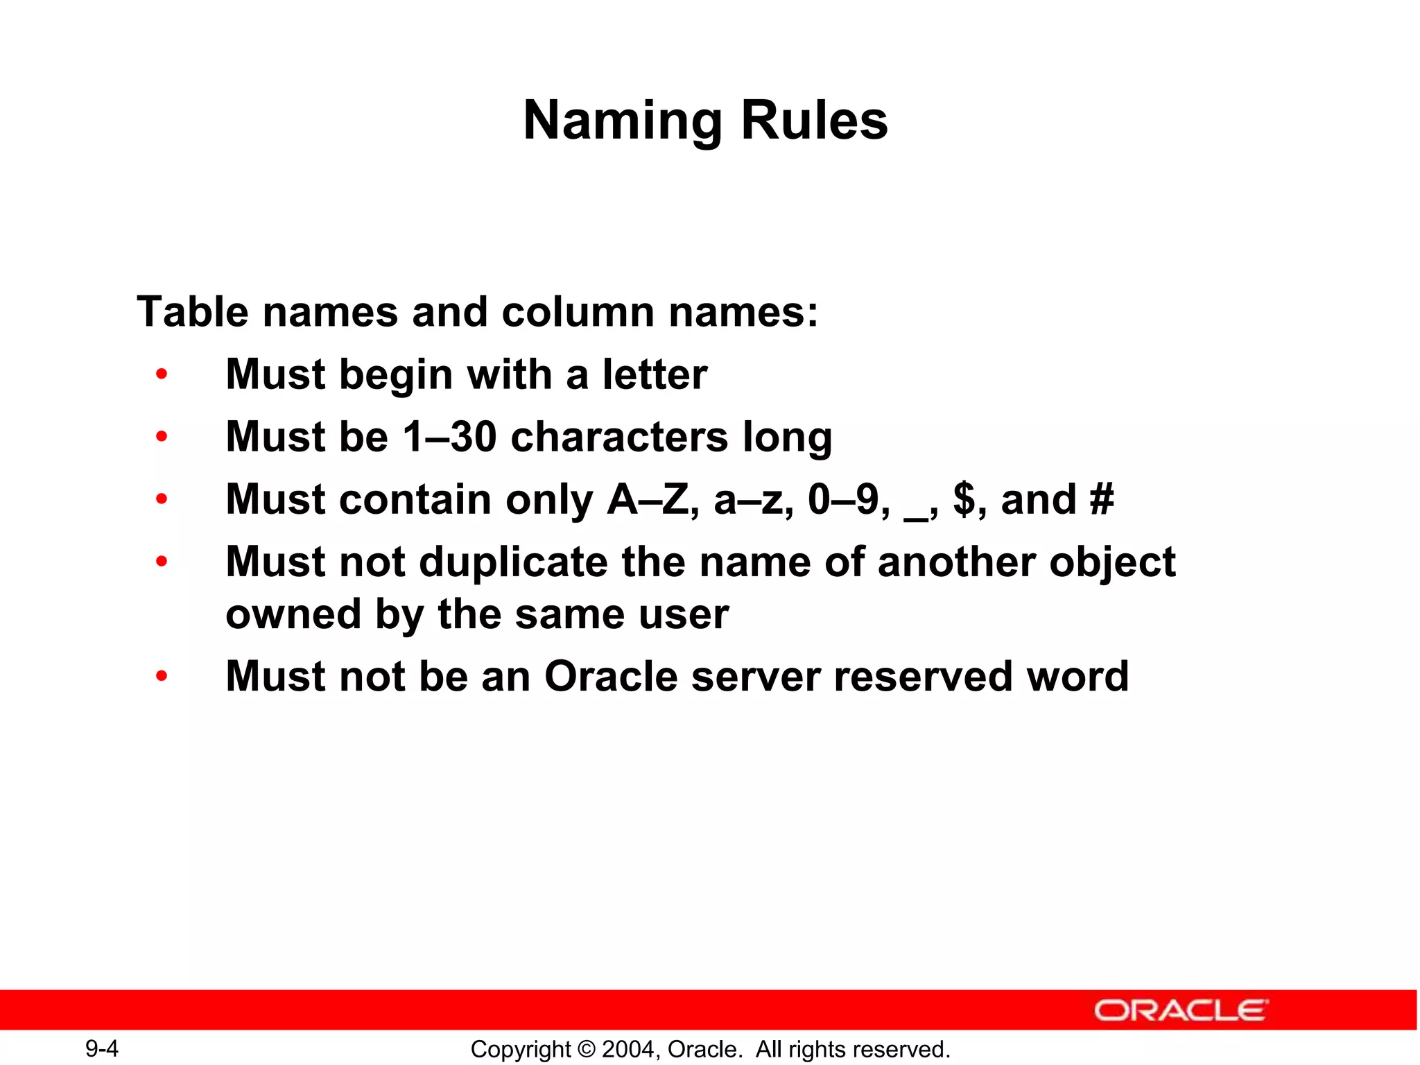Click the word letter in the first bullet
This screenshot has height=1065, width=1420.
coord(655,374)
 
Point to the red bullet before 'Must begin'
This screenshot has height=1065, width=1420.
coord(162,375)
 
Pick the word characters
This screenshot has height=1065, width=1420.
coord(619,437)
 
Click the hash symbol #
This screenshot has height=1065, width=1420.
coord(1101,499)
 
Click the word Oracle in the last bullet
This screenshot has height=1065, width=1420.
coord(611,676)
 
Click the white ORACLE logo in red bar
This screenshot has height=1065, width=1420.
coord(1181,1010)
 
